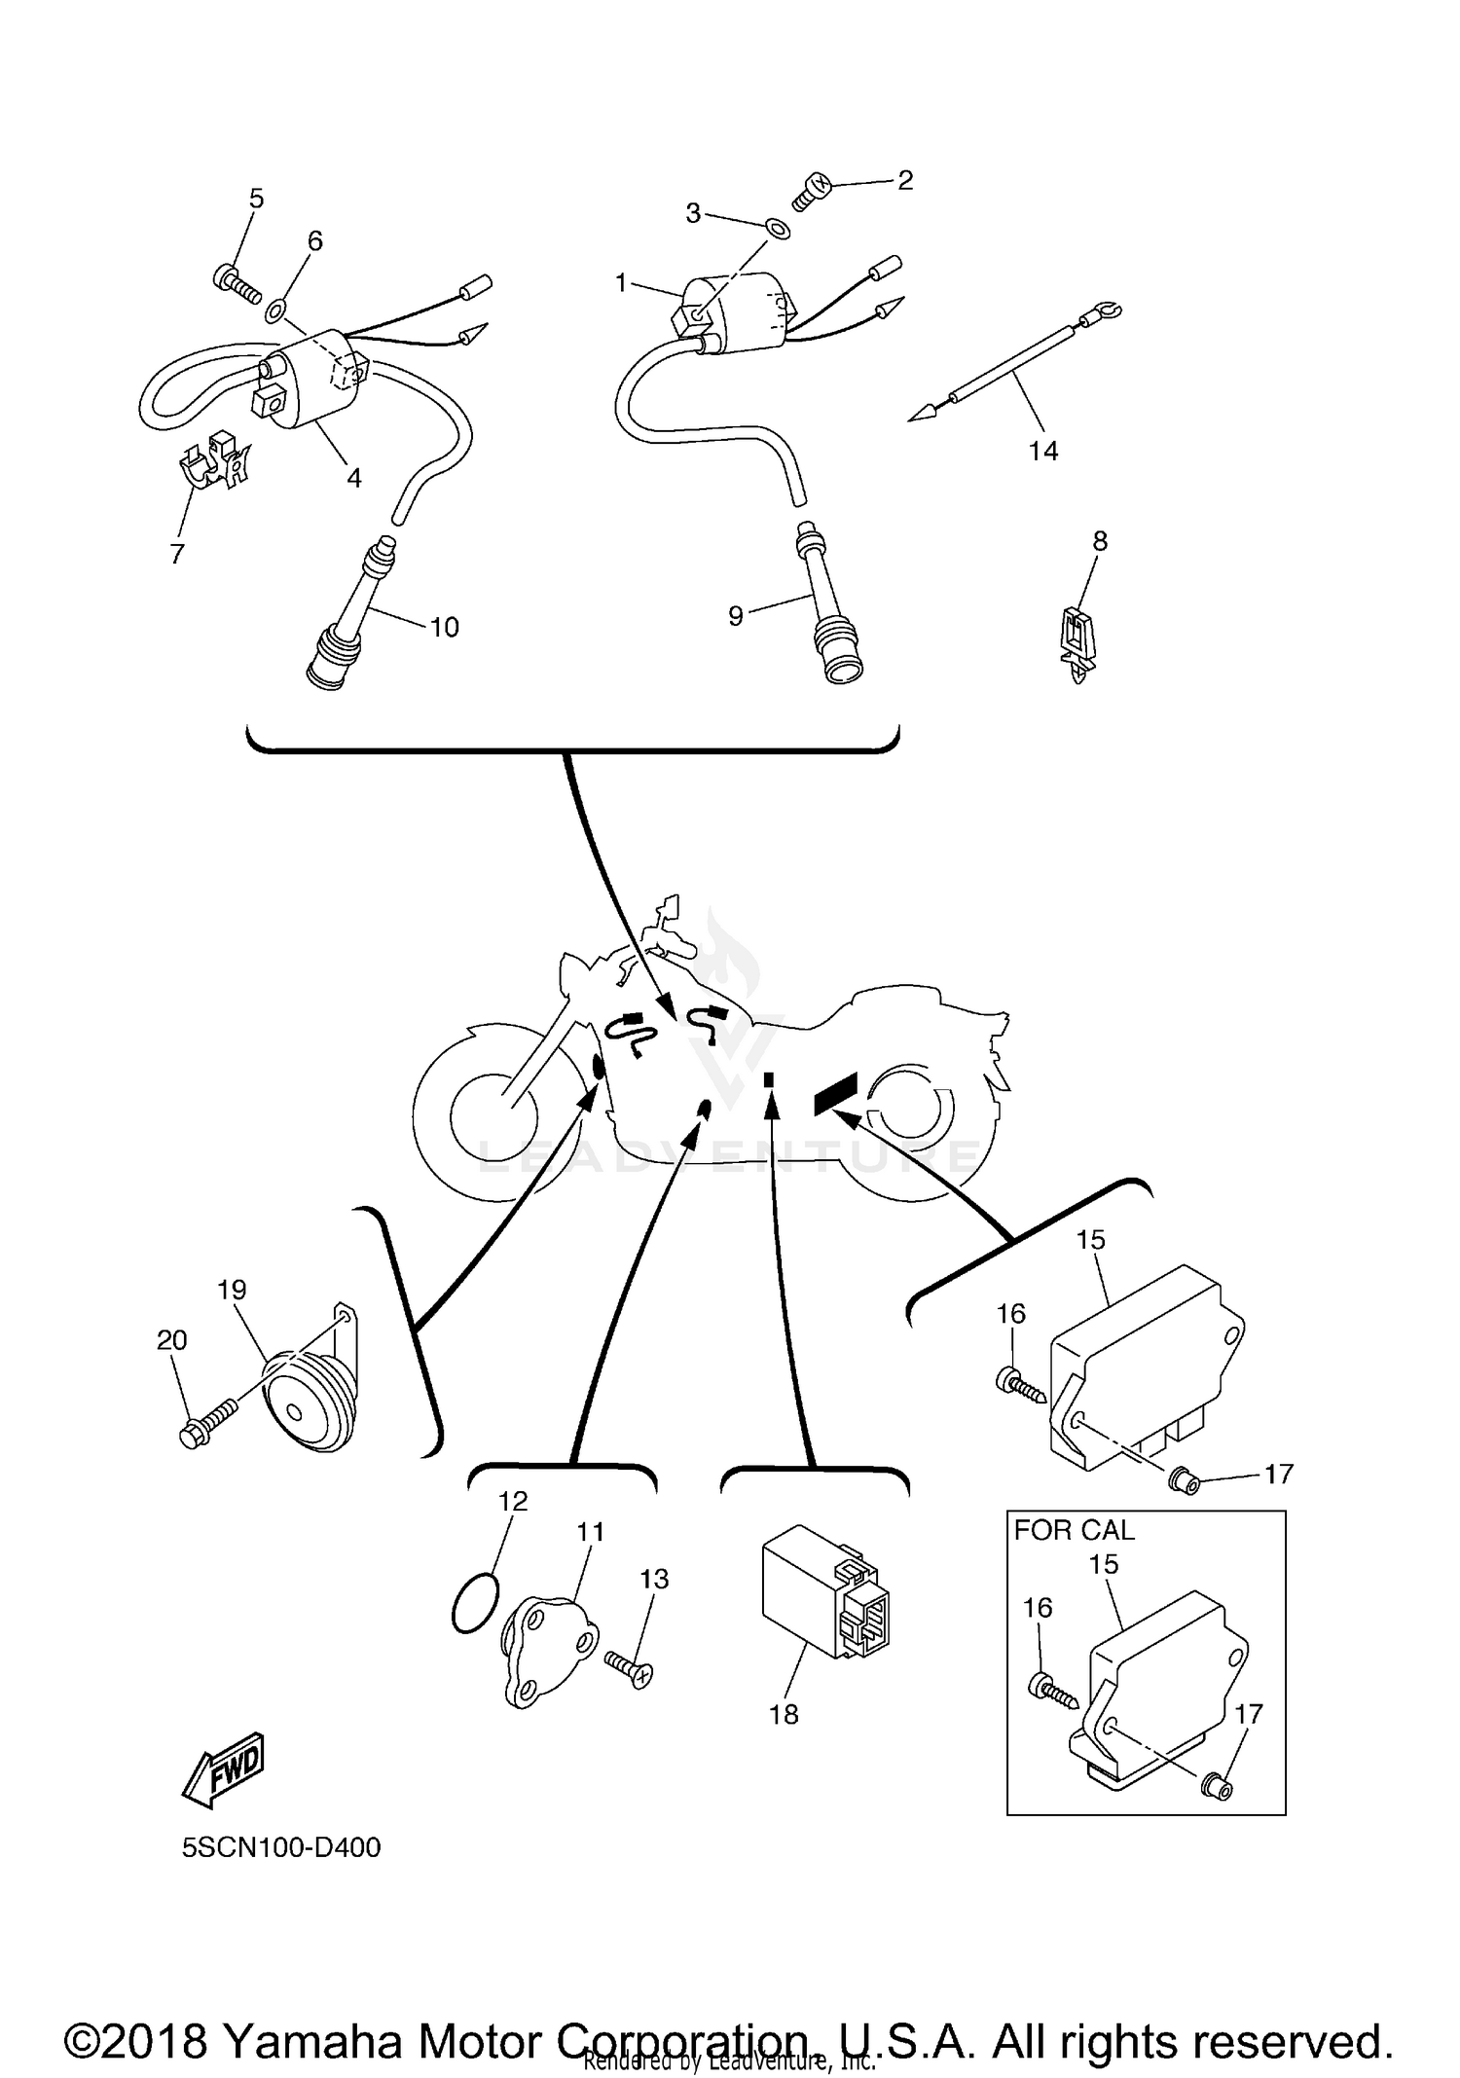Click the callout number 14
point(1042,451)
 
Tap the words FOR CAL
point(1074,1531)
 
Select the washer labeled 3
point(777,228)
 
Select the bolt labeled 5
point(236,283)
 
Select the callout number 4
point(354,478)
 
